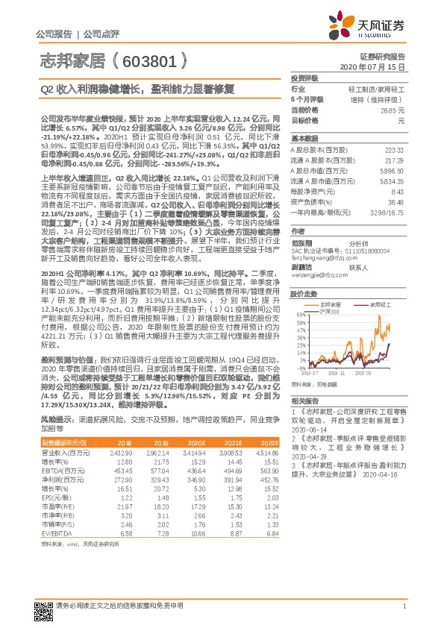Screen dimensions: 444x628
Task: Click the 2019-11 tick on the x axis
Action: click(x=338, y=373)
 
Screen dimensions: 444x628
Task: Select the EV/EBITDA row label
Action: click(x=54, y=534)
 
